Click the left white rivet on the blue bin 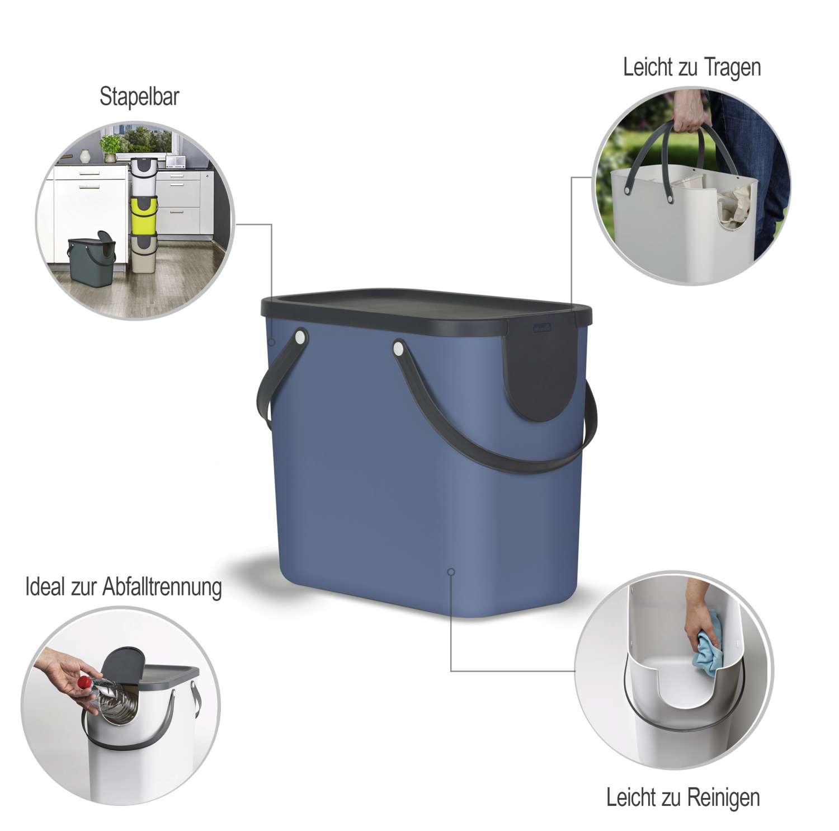click(x=301, y=337)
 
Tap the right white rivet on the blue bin click(x=398, y=349)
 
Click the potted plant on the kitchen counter click(x=110, y=147)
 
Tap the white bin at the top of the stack click(x=144, y=174)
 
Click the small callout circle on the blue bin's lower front click(x=451, y=571)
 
